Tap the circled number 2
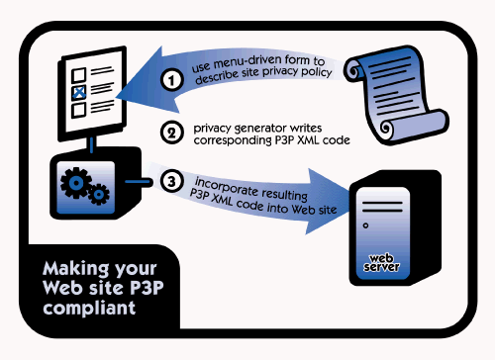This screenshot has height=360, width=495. (170, 132)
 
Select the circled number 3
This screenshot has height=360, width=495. (170, 181)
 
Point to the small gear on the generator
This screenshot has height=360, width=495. (99, 198)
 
